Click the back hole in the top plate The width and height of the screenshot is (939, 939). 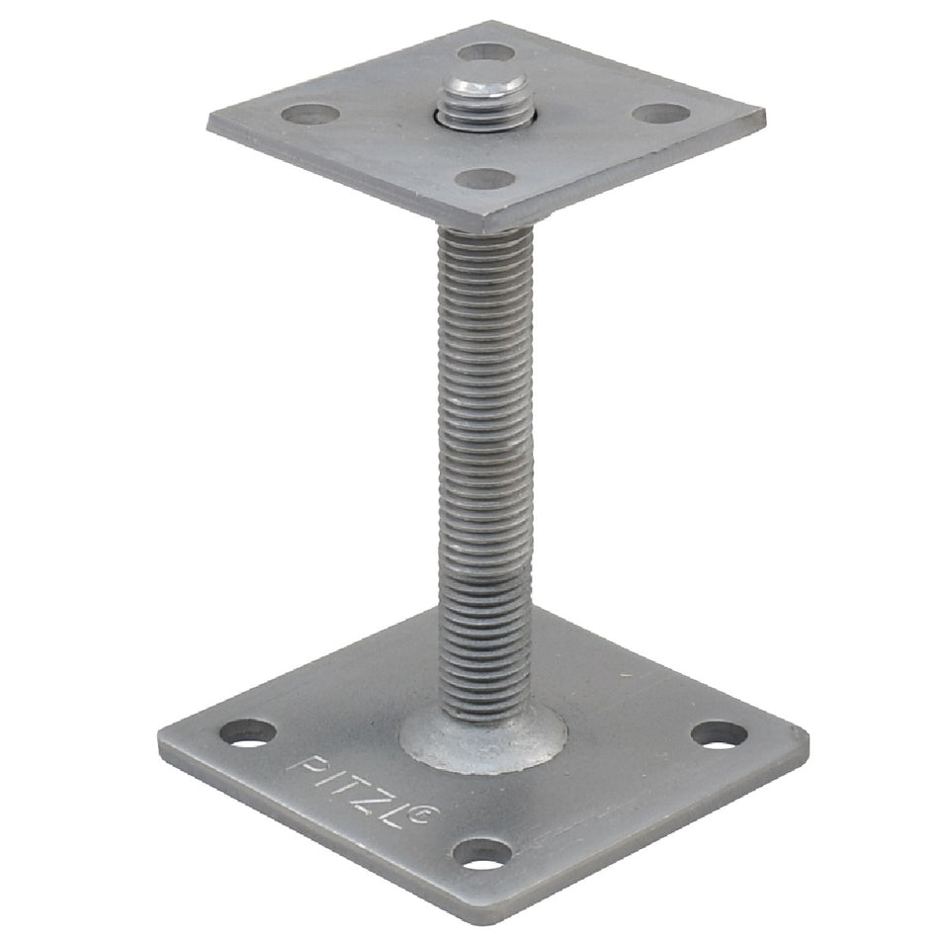point(486,52)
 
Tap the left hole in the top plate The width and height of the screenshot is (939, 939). point(310,114)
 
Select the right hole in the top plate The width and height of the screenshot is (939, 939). point(661,114)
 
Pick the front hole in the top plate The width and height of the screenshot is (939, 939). point(485,179)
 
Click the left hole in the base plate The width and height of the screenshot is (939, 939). point(248,732)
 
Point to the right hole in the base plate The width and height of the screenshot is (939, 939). point(720,734)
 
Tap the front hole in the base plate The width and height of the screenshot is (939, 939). point(482,854)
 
